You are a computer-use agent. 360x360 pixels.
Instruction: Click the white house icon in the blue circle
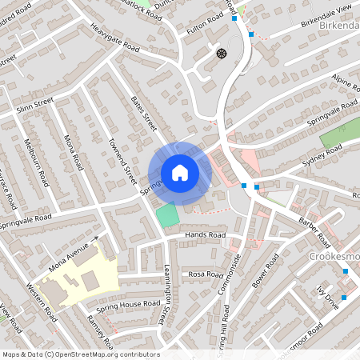tap(180, 172)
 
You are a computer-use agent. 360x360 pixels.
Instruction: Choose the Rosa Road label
tap(206, 274)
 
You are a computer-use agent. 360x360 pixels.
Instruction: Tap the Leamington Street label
tap(168, 295)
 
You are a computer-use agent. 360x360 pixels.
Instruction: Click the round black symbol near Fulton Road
tap(222, 54)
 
